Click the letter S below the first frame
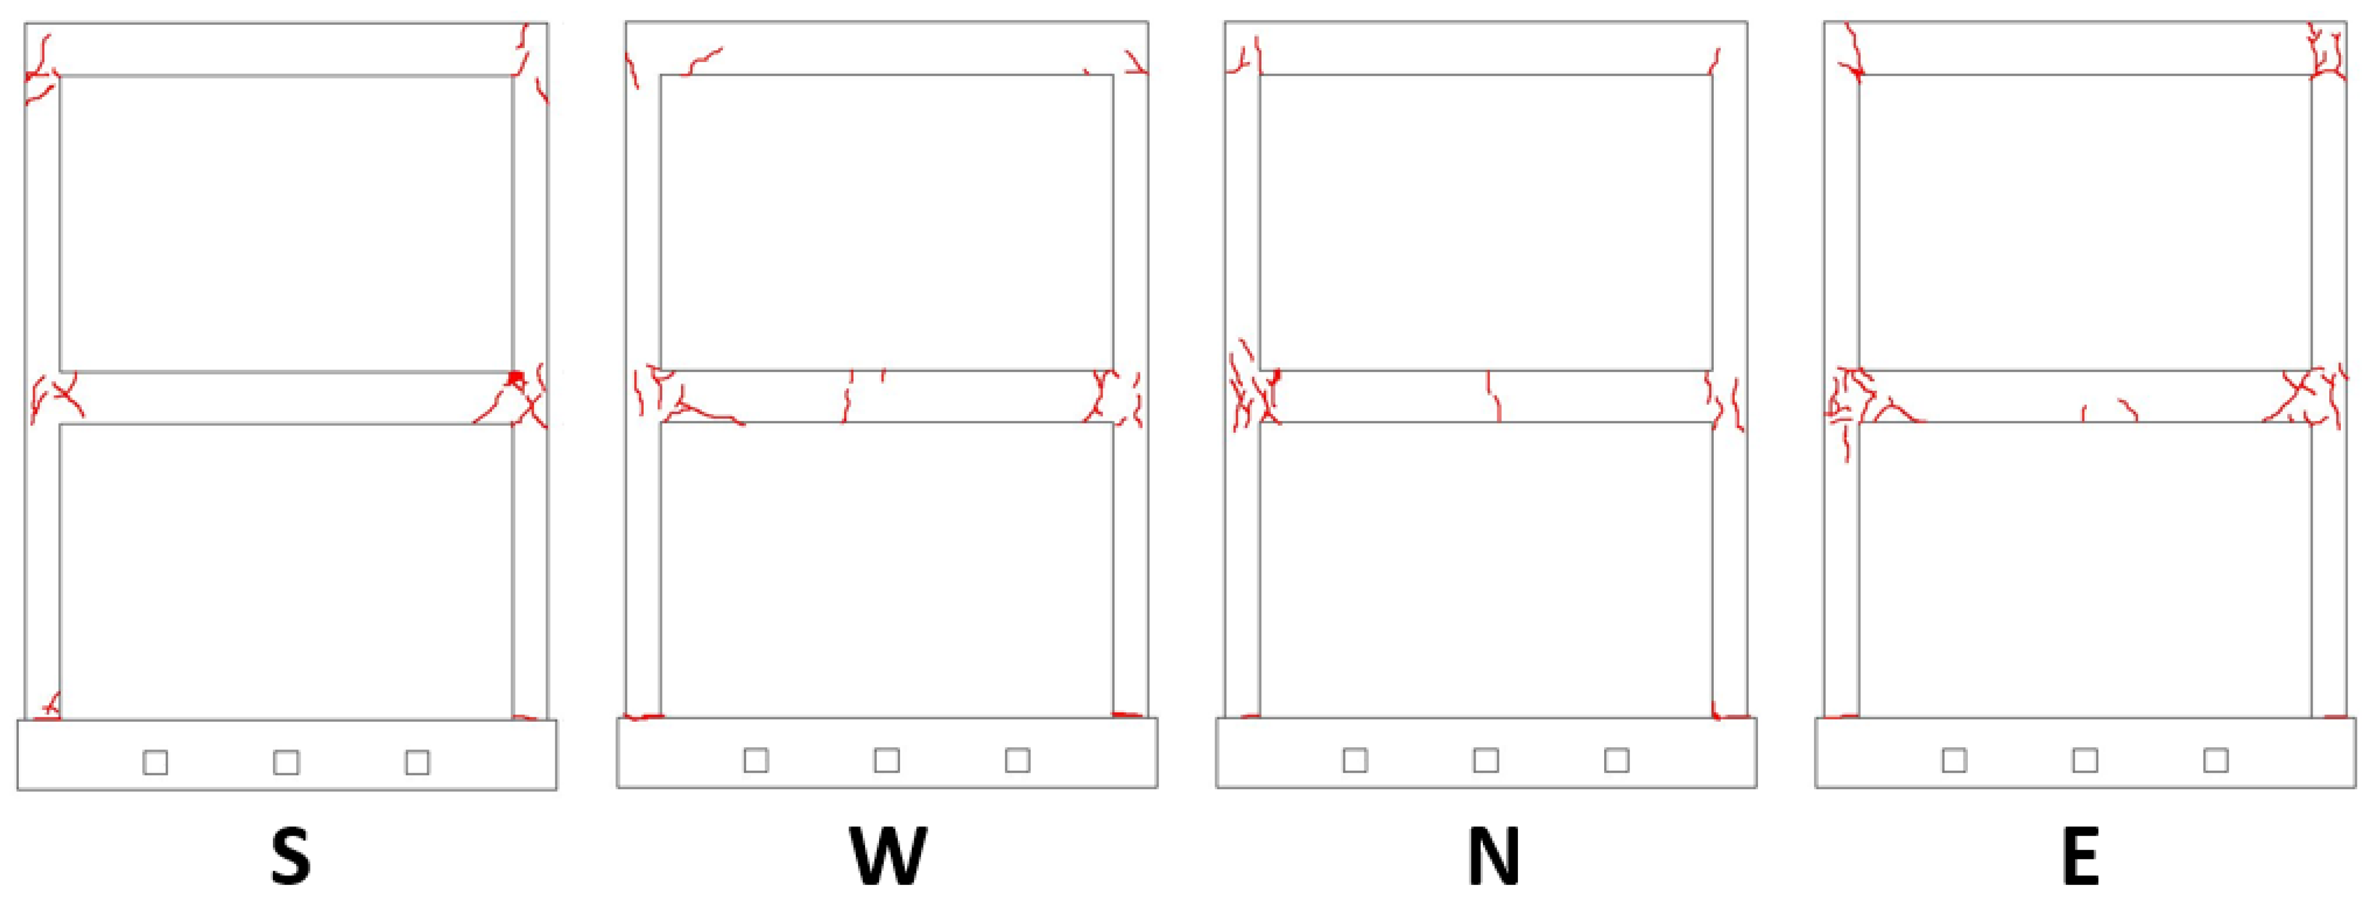290,856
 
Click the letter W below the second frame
887,856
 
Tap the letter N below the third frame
1493,856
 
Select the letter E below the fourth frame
2081,856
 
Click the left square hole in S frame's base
155,762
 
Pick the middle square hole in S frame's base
286,762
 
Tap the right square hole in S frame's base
417,762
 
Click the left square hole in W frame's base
756,760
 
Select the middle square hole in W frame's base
887,760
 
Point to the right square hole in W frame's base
1017,760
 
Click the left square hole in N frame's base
1355,760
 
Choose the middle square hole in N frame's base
1486,760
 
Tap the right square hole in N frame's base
1616,760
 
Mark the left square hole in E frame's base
1955,760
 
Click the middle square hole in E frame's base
2085,760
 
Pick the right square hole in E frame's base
2215,760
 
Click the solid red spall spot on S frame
515,377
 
